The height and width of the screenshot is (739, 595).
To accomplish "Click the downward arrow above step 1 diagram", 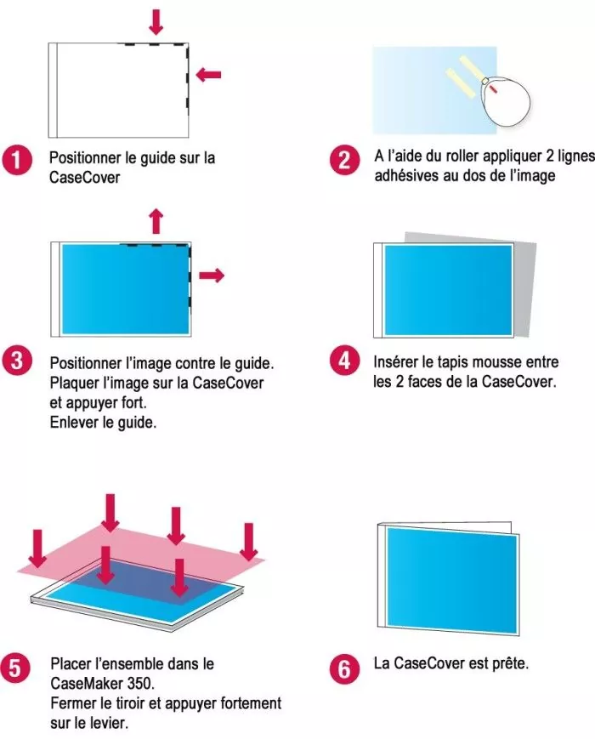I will (x=155, y=21).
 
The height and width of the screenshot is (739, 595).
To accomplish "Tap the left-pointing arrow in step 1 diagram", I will (x=207, y=75).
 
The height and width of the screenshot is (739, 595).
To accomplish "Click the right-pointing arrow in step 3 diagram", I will (x=212, y=275).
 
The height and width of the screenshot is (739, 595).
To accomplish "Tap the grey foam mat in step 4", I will (x=527, y=255).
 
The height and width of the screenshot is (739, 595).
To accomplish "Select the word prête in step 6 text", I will (x=509, y=662).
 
